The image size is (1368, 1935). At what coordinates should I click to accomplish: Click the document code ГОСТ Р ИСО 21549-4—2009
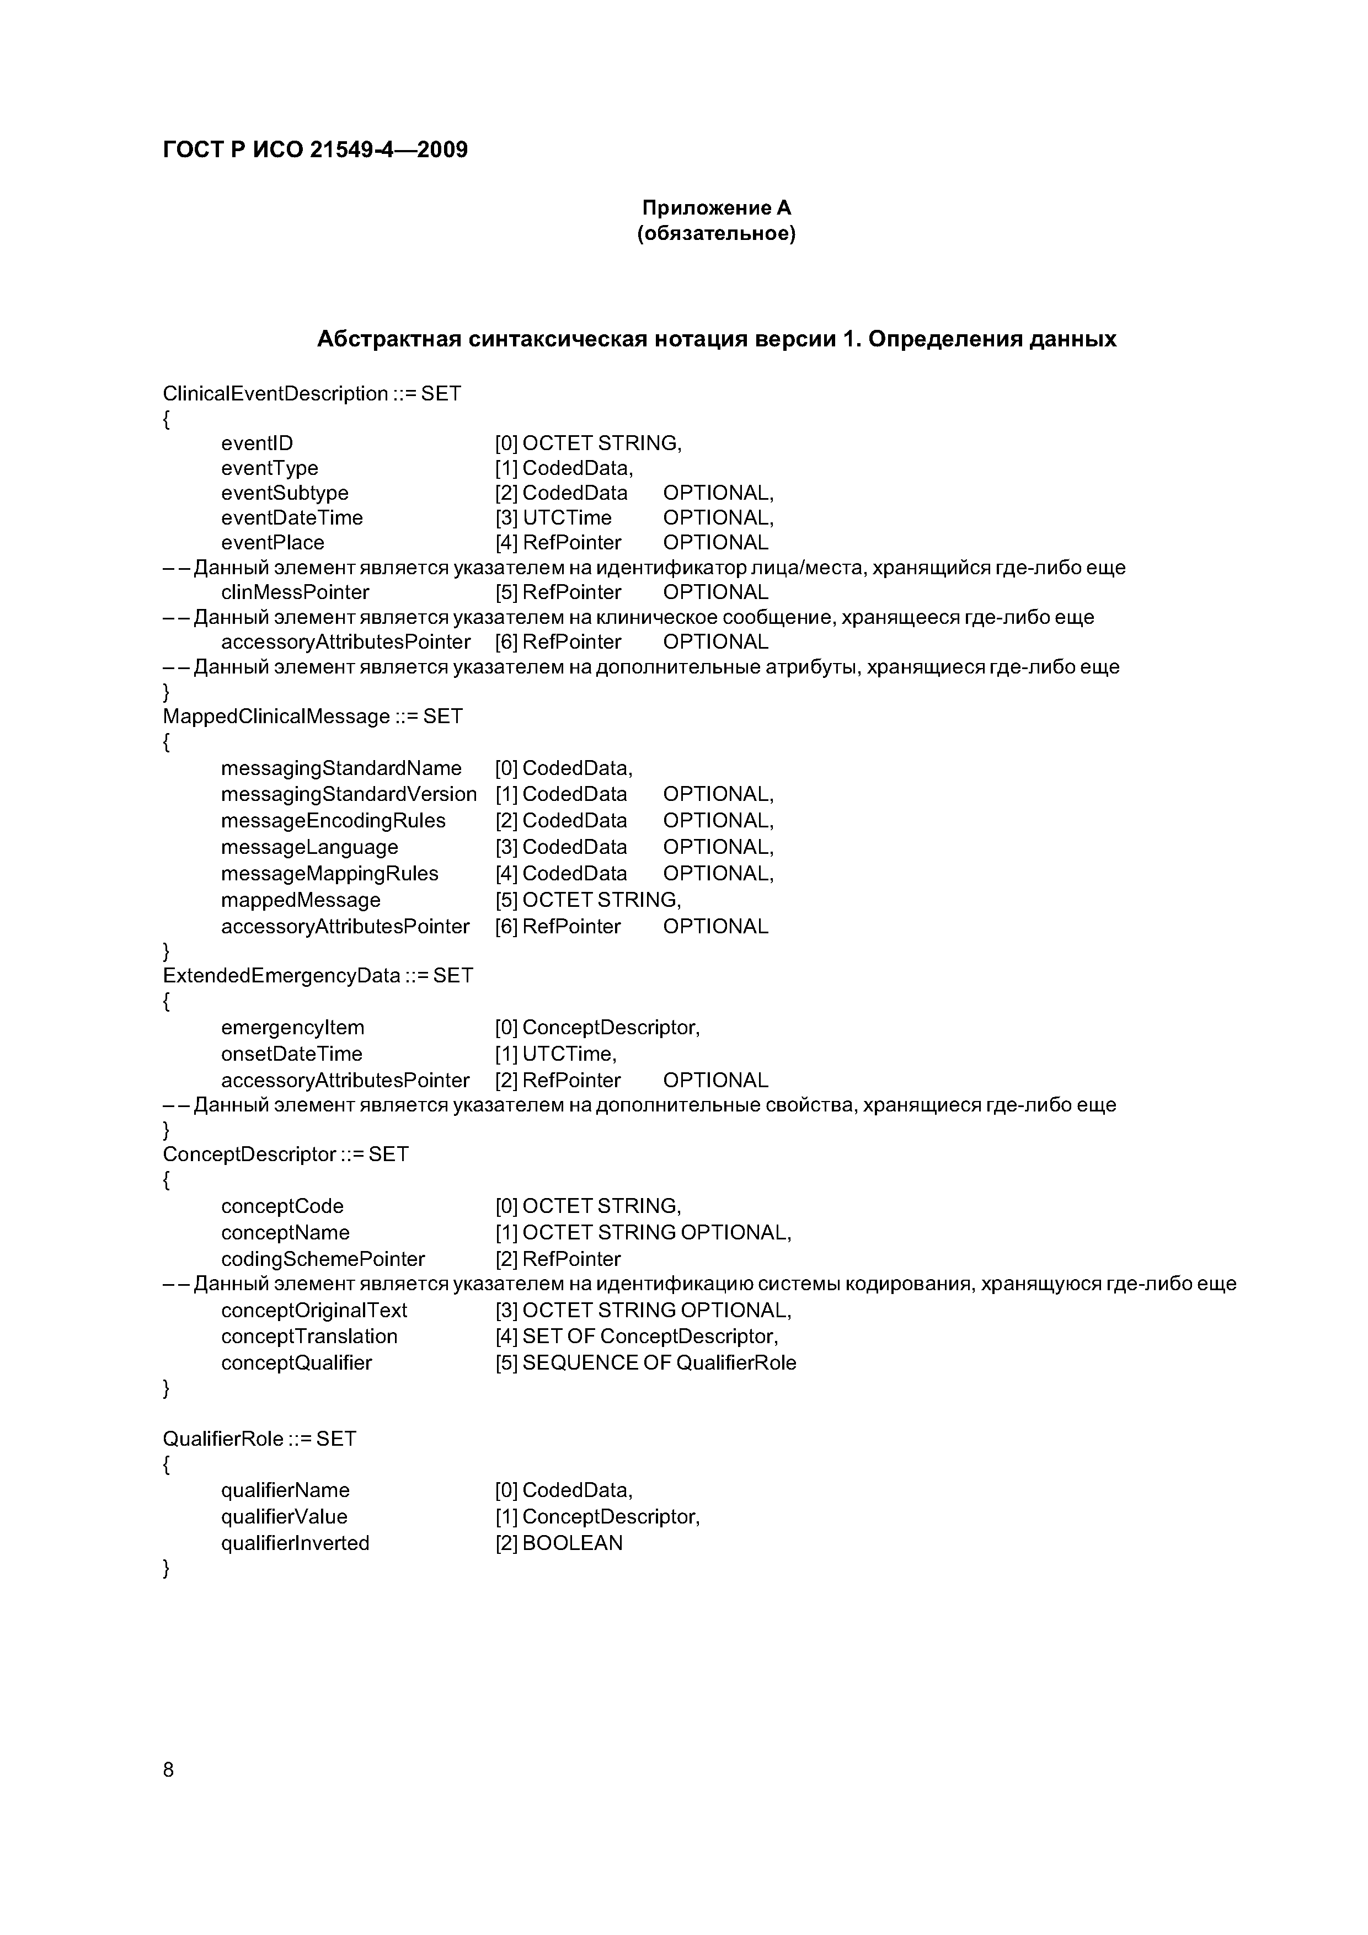tap(314, 150)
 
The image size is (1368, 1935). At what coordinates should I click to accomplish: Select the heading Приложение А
tap(717, 208)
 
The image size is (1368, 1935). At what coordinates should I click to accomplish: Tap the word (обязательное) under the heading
tap(717, 233)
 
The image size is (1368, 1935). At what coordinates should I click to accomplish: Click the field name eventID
tap(257, 443)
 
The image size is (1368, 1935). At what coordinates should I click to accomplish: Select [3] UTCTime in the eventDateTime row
tap(554, 517)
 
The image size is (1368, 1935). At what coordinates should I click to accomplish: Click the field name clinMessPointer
tap(295, 592)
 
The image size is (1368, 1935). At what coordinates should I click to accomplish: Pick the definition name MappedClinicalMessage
tap(276, 717)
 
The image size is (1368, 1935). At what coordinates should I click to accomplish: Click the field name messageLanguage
tap(309, 847)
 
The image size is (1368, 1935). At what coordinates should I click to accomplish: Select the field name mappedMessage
tap(301, 900)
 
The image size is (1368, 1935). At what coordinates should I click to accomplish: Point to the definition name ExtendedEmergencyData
tap(281, 976)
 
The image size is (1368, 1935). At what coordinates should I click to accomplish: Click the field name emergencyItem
tap(292, 1028)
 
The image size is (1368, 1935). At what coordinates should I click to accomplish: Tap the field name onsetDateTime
tap(292, 1054)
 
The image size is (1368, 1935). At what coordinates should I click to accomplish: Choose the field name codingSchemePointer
tap(323, 1259)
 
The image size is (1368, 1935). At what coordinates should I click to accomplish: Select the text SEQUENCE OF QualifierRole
tap(659, 1363)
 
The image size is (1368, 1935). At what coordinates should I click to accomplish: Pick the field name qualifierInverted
tap(295, 1543)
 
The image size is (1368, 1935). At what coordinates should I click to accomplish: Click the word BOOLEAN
tap(573, 1543)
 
